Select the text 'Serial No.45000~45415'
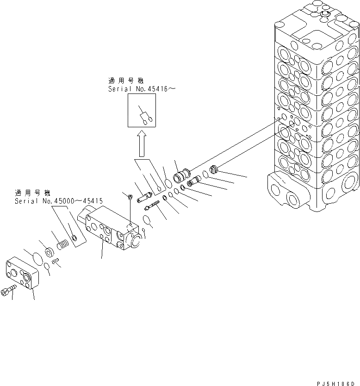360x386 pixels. pos(59,201)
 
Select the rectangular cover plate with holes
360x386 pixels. pos(23,274)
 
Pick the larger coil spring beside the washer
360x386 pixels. pos(62,243)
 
